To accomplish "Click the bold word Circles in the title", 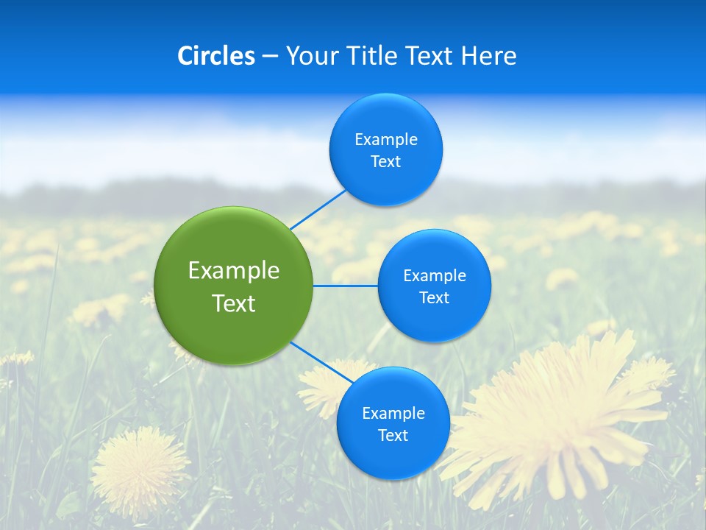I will tap(216, 56).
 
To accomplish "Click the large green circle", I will tap(233, 286).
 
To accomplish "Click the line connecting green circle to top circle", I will tap(318, 209).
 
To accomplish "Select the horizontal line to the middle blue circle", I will tap(345, 286).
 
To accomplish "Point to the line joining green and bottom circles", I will tap(321, 363).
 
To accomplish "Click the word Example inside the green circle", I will tap(233, 271).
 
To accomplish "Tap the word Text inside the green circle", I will tap(233, 303).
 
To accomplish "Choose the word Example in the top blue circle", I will tap(386, 140).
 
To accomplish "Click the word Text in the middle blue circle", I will tap(435, 298).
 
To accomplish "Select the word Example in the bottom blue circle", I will tap(393, 414).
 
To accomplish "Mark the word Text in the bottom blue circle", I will tap(393, 436).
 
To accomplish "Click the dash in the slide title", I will tap(270, 56).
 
